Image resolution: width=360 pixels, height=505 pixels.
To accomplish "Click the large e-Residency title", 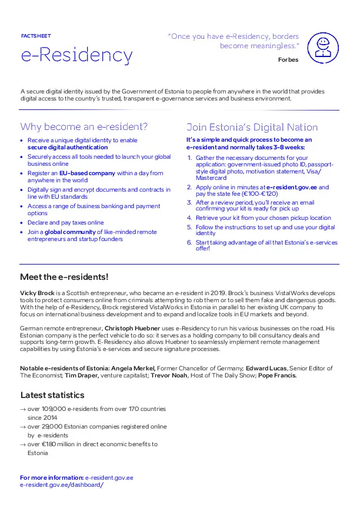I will click(76, 55).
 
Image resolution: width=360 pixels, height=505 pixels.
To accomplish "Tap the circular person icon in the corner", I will click(323, 48).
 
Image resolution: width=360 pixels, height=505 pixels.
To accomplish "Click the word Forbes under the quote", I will click(288, 59).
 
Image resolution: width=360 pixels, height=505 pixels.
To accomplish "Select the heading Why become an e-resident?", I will click(84, 127).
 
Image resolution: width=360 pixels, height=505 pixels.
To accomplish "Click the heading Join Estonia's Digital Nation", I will click(252, 127).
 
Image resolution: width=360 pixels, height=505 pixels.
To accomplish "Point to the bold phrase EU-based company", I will click(87, 173).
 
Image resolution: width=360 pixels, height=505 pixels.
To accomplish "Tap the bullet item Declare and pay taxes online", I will click(65, 223).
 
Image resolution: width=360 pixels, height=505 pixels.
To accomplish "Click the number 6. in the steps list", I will click(189, 242).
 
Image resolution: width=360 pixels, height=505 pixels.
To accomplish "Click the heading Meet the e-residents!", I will click(64, 277).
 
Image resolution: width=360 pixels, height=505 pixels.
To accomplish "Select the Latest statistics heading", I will click(52, 395).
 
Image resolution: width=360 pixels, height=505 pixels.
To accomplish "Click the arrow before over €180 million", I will click(23, 444).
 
